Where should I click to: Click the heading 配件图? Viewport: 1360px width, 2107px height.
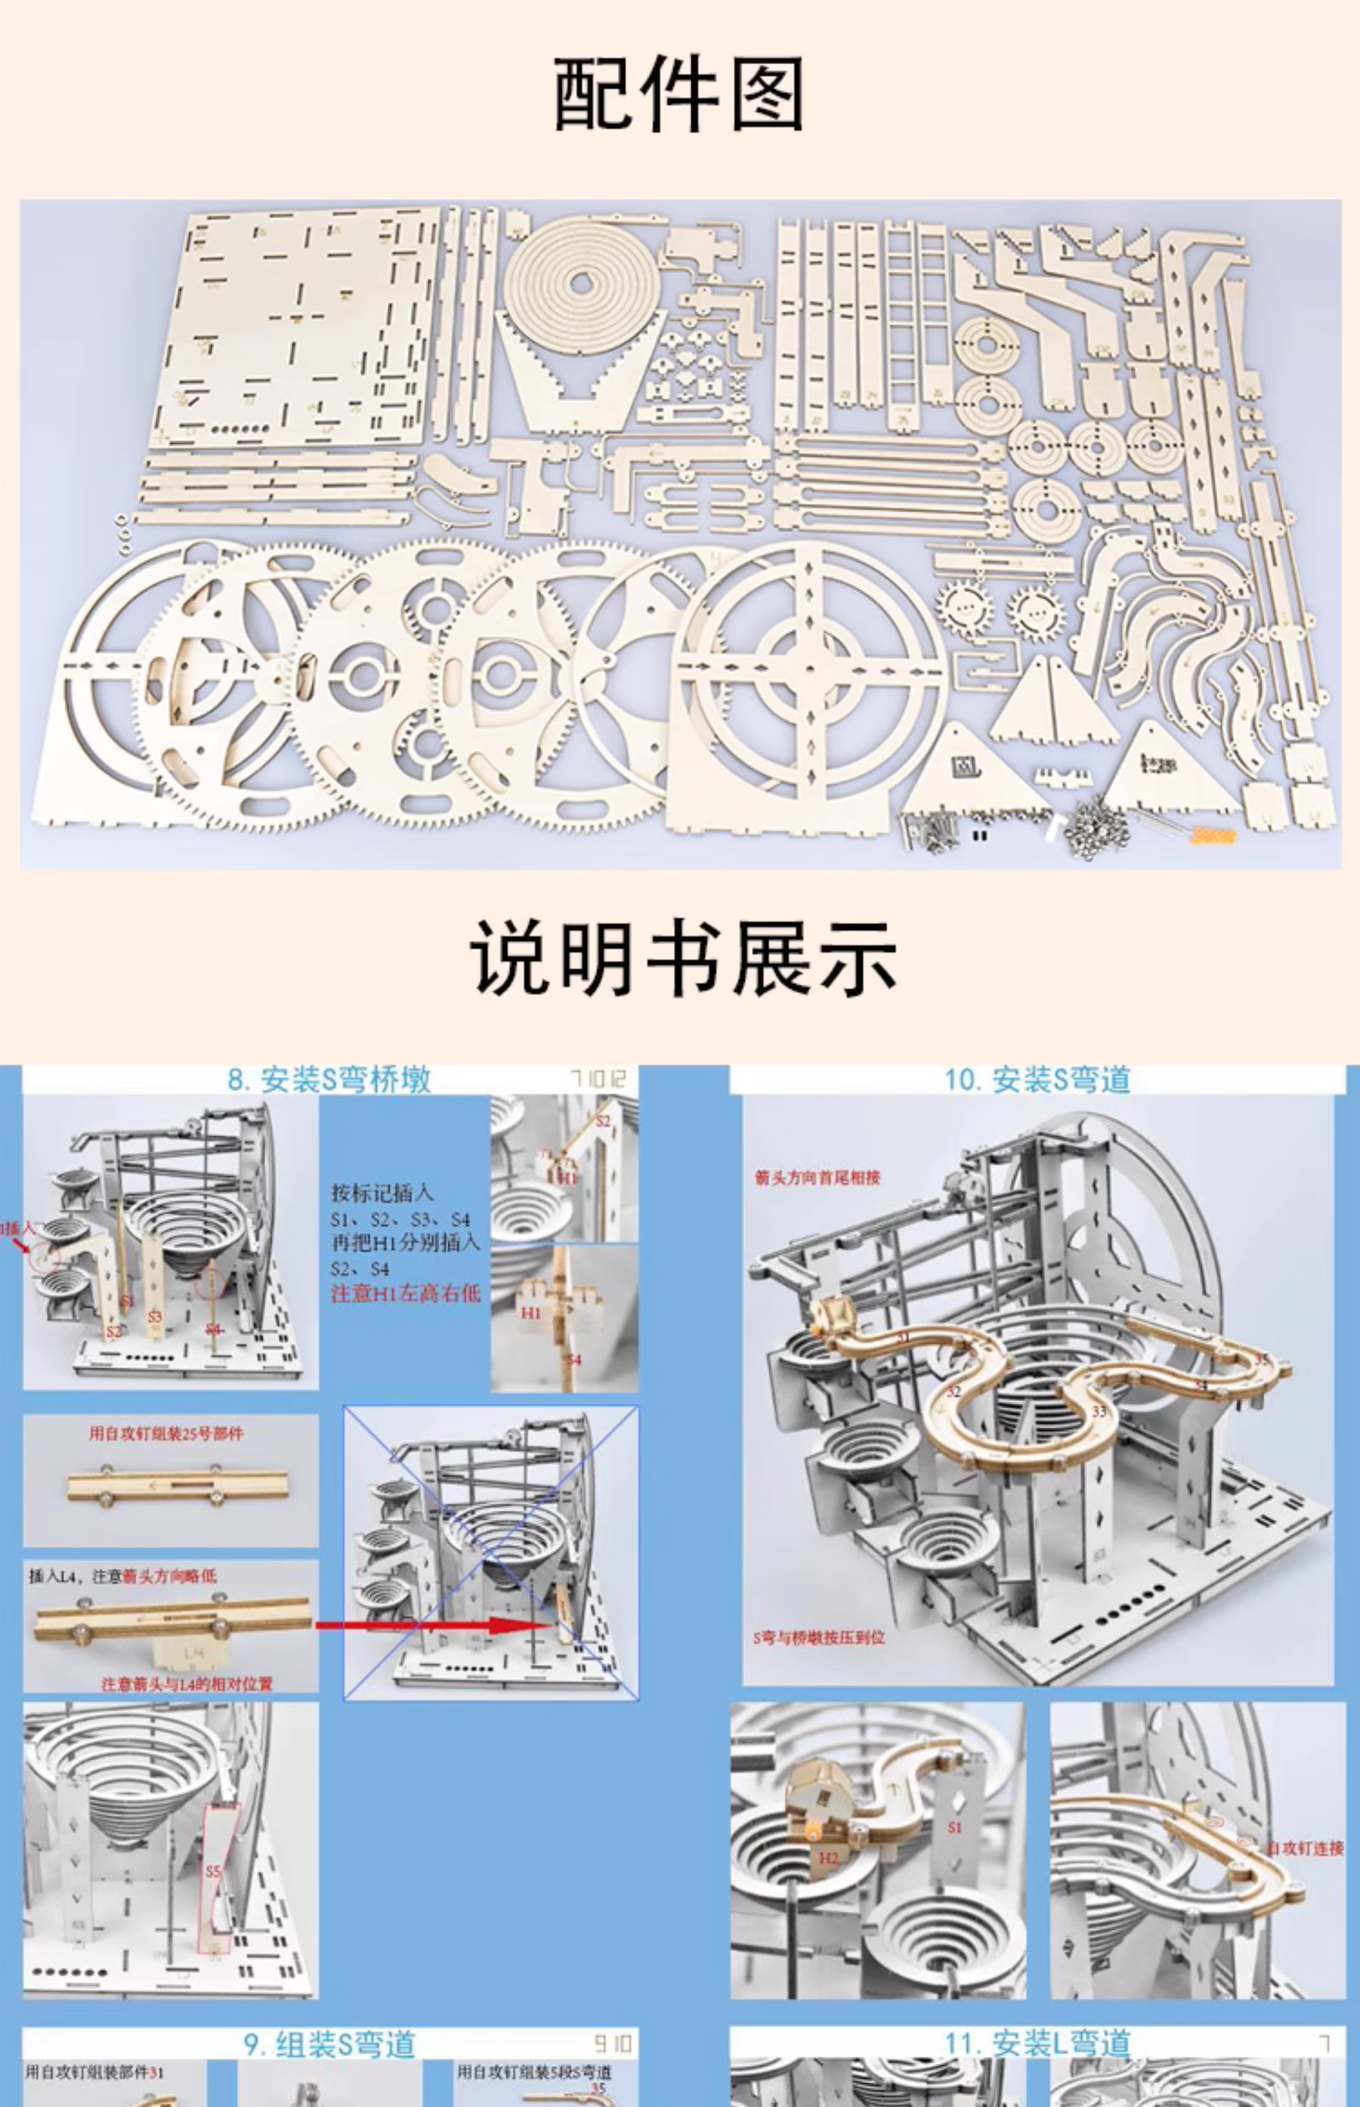678,94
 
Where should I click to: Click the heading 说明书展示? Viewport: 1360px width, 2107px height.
683,959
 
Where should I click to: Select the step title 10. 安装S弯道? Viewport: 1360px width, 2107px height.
1038,1079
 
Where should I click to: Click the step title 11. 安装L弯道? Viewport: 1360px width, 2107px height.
1038,2043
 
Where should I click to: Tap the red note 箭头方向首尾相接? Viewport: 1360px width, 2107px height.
817,1178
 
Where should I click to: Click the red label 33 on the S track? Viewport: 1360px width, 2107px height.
1098,1411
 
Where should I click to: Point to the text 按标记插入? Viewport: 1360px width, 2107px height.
382,1193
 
